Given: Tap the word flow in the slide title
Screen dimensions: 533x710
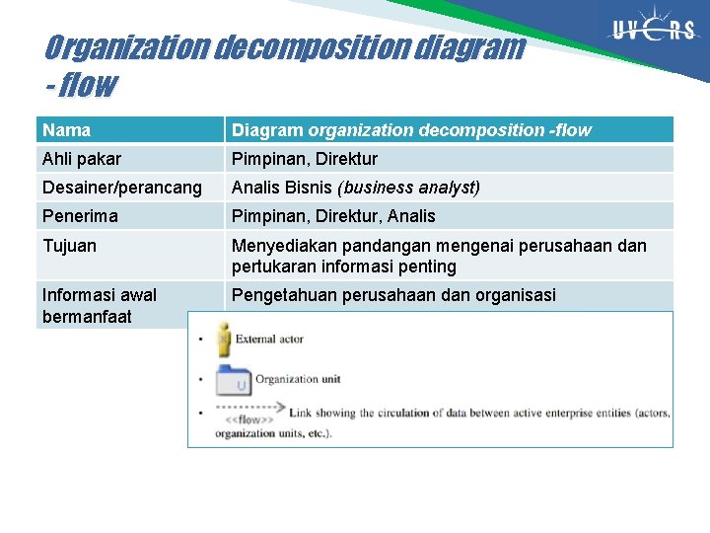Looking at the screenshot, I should [87, 86].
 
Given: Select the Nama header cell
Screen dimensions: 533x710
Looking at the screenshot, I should [67, 130].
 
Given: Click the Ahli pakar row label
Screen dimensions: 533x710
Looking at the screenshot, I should [82, 159].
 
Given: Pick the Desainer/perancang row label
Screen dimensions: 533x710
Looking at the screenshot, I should [122, 188].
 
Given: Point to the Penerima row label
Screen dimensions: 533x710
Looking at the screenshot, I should [80, 216].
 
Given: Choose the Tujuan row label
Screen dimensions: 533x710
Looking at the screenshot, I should [70, 246].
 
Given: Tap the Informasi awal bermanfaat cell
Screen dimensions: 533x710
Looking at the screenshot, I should [100, 305].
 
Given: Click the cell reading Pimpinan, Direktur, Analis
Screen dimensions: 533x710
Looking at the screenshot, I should [332, 216].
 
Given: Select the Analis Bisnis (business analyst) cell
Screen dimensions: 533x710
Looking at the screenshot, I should [355, 188].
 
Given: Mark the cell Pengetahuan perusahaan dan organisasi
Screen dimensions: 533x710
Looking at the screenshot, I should [393, 295].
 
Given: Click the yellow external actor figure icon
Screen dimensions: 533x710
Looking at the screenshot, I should [224, 339].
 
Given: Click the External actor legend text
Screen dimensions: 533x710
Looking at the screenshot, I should [269, 340].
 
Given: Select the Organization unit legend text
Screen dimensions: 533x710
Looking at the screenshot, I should [299, 379].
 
